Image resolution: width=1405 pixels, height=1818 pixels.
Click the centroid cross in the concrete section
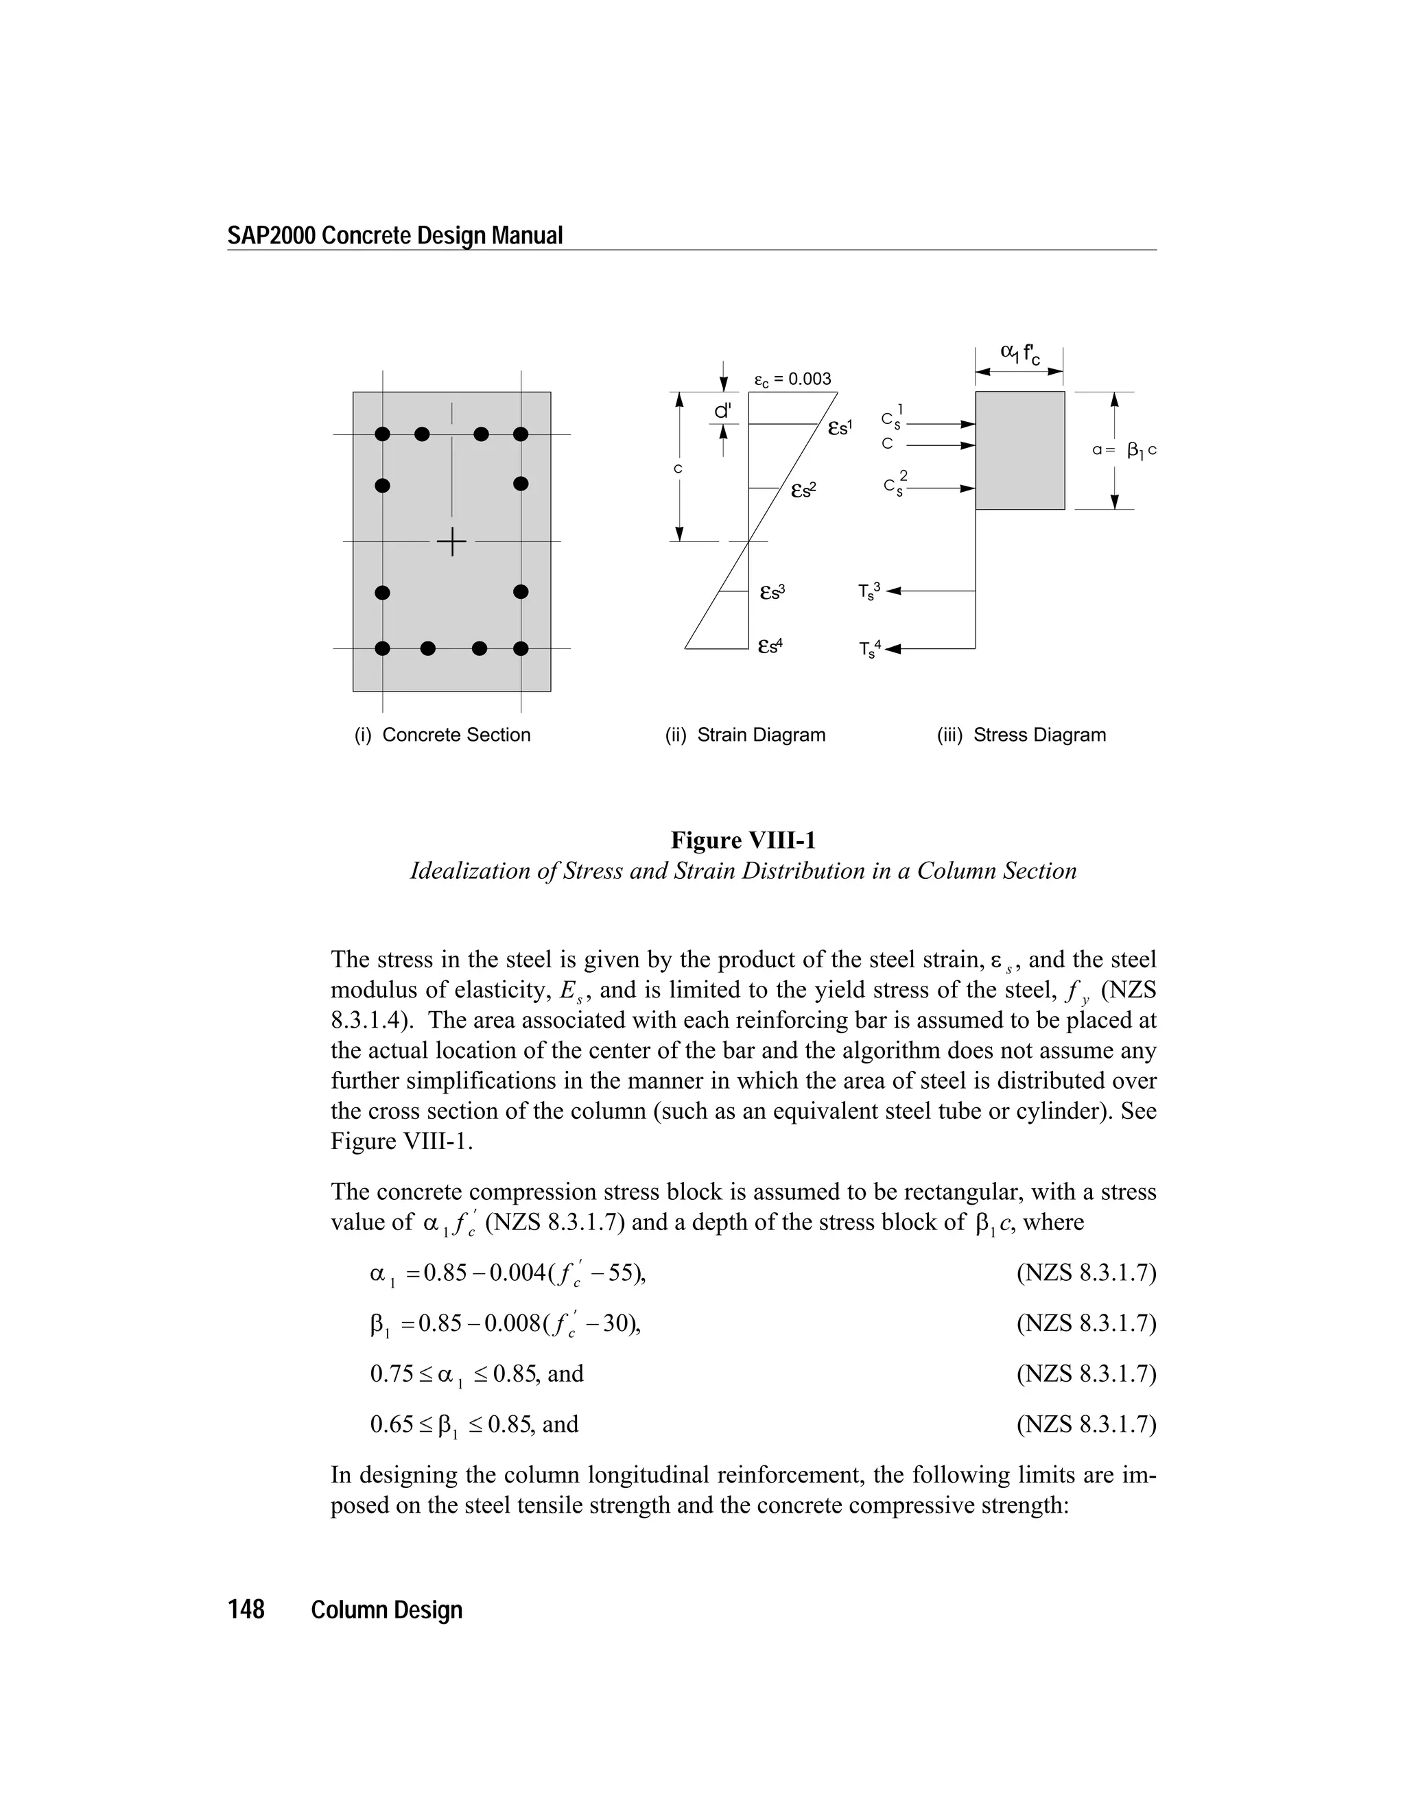coord(452,542)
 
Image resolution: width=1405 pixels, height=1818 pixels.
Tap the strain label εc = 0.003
coord(792,379)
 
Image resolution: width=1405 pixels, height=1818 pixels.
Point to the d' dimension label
coord(723,411)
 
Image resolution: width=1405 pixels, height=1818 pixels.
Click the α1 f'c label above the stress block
coord(1019,355)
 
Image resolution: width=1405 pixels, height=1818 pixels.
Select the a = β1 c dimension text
coord(1124,450)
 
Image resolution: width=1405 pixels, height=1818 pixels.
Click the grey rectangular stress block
coord(1019,450)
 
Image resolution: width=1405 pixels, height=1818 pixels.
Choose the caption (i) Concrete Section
coord(442,735)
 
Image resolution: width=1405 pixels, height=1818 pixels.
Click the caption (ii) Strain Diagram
coord(745,735)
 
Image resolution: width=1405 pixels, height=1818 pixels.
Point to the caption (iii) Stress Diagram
coord(1022,735)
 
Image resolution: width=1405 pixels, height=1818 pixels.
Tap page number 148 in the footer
coord(246,1610)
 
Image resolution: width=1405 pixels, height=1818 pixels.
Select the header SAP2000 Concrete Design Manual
coord(395,235)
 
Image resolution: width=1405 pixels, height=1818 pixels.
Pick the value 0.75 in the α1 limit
coord(392,1373)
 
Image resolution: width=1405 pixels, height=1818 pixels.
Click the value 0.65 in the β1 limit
coord(392,1424)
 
